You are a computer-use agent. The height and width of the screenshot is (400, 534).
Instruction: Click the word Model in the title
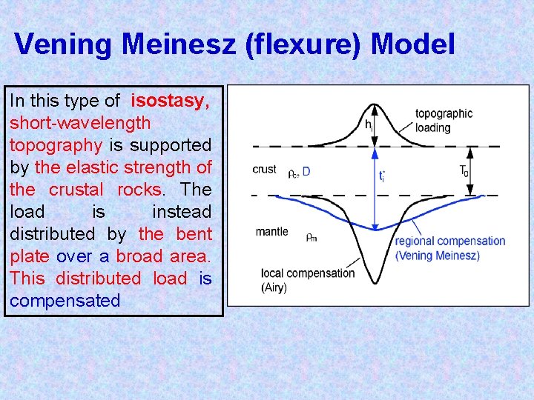[412, 44]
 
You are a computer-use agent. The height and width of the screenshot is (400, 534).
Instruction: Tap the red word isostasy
[171, 101]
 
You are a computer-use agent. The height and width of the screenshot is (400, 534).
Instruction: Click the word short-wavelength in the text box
[80, 123]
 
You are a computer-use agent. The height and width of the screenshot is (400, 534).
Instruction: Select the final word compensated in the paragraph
[65, 301]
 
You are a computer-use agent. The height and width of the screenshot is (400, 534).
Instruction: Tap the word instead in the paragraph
[182, 212]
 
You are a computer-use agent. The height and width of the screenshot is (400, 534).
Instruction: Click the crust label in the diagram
[265, 170]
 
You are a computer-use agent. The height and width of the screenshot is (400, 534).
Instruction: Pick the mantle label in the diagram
[271, 232]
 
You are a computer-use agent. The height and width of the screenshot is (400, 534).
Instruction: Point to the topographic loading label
[444, 121]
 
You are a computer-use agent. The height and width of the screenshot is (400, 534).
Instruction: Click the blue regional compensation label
[449, 248]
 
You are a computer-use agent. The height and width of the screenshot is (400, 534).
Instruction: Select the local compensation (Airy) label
[308, 280]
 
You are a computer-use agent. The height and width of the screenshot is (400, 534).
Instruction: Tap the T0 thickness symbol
[464, 170]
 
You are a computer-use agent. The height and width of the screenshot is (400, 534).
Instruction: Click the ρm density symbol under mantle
[312, 237]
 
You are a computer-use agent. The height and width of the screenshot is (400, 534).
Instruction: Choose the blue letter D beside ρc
[306, 171]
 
